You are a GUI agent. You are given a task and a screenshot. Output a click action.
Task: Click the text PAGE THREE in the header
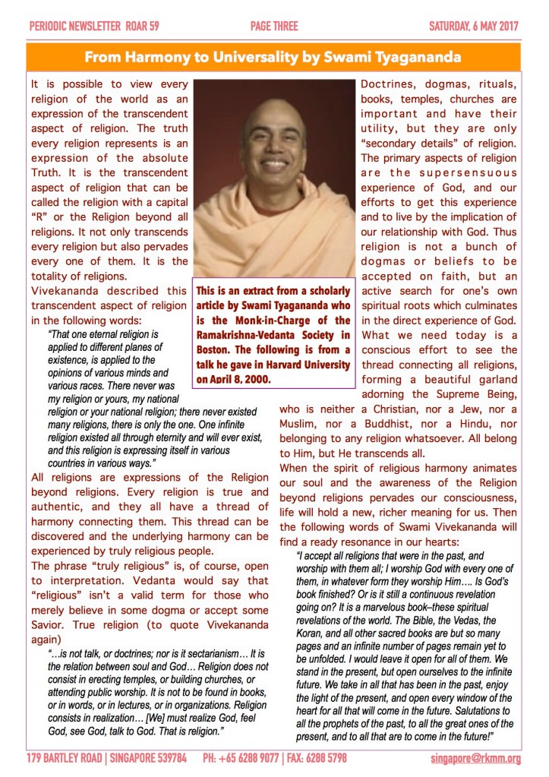tap(273, 27)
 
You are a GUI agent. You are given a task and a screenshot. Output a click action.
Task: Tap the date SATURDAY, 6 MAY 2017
tap(474, 27)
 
